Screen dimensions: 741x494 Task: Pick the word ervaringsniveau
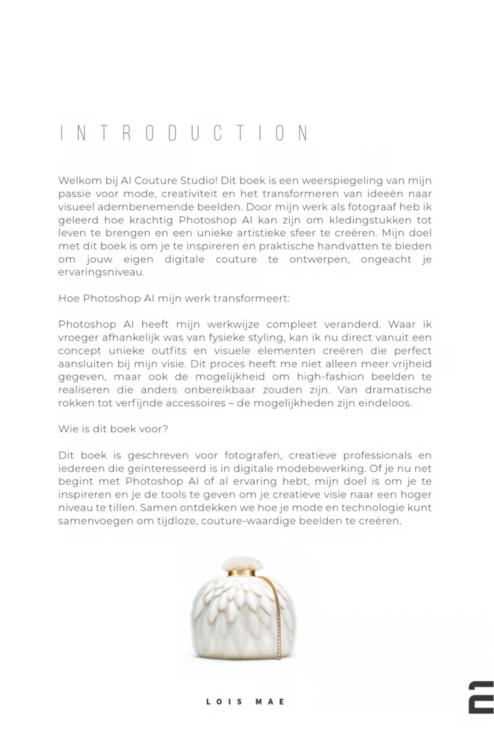click(x=101, y=272)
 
